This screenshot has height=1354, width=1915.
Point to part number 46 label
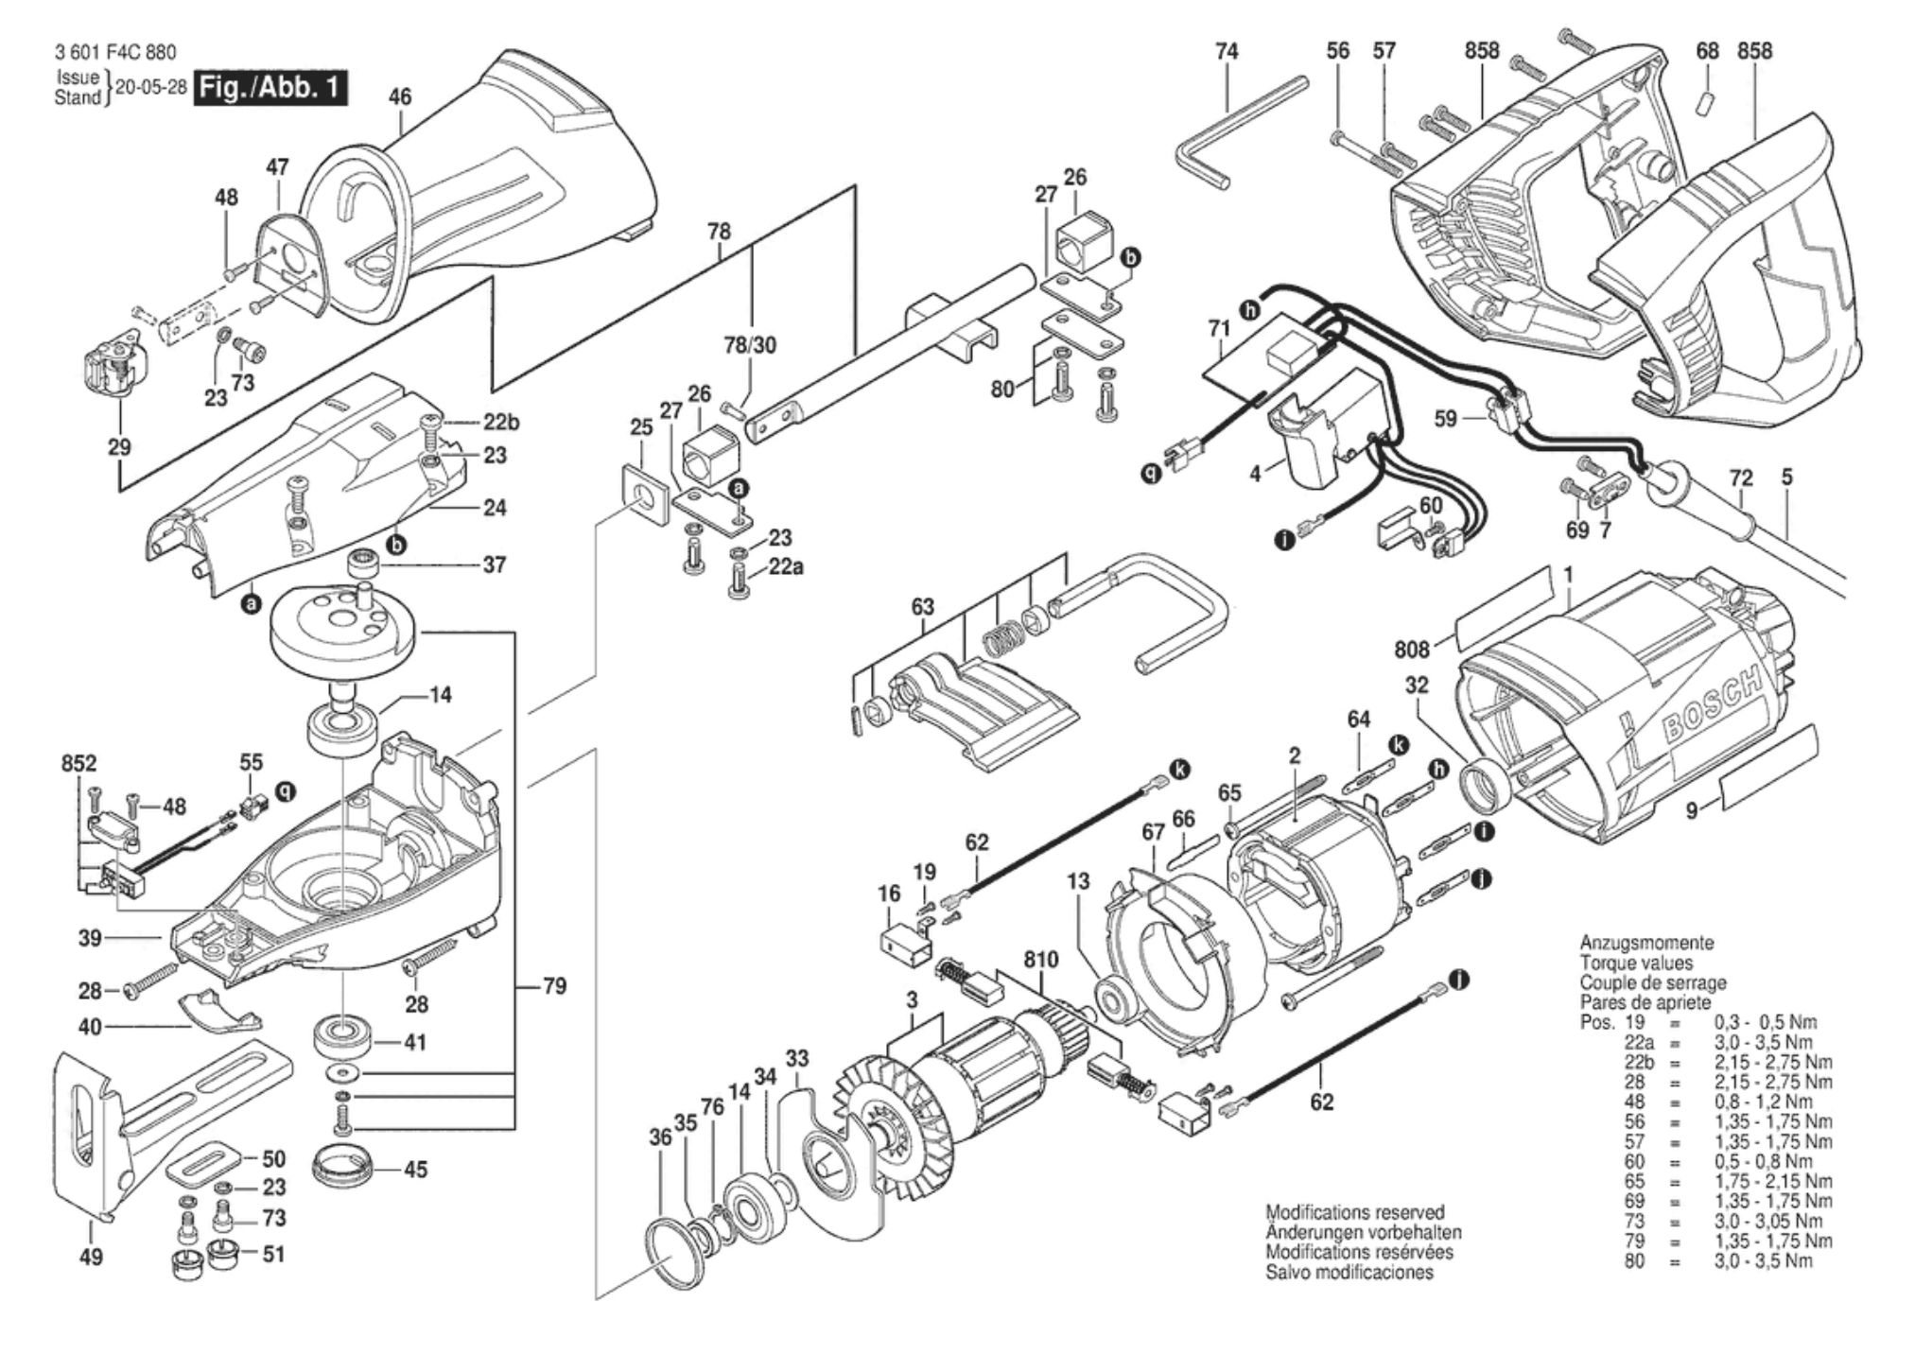(x=400, y=96)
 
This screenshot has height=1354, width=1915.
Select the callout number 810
(x=1040, y=960)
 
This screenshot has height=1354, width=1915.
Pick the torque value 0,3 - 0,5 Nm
(x=1765, y=1022)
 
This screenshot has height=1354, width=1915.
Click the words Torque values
(x=1636, y=963)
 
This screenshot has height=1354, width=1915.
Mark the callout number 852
(x=79, y=763)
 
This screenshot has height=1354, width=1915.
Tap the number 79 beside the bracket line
(x=554, y=986)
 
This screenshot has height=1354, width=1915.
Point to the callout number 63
(x=922, y=607)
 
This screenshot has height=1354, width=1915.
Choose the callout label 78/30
(x=750, y=345)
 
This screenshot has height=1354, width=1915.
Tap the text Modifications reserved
(x=1355, y=1212)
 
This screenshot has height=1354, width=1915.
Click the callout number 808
(x=1412, y=649)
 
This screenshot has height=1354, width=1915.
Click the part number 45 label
(x=415, y=1170)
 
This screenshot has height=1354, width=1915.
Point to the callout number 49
(x=91, y=1257)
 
